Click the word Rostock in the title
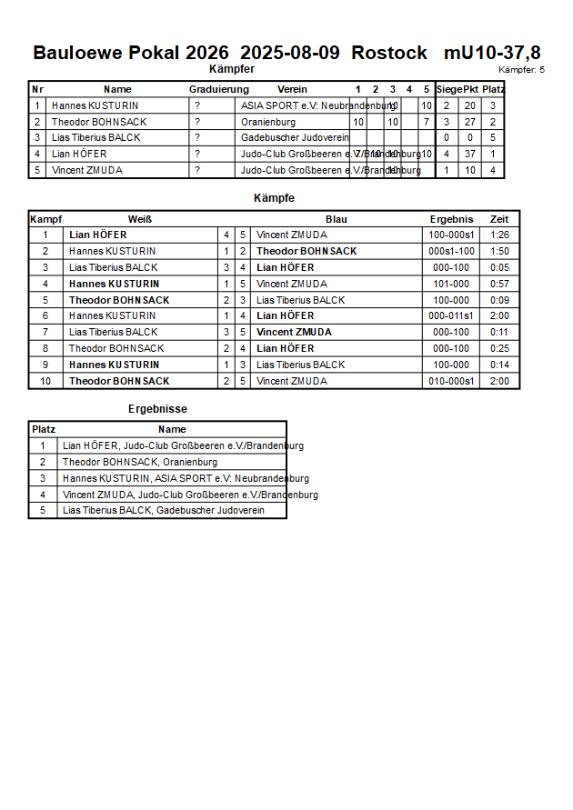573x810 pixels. (x=388, y=53)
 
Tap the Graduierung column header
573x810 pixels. (x=218, y=89)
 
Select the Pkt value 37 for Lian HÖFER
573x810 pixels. (x=469, y=154)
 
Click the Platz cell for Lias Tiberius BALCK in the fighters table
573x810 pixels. (x=493, y=137)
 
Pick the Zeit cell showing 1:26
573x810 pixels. (x=499, y=235)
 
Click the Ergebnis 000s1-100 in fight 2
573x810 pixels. (x=452, y=251)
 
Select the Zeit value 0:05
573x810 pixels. (x=499, y=267)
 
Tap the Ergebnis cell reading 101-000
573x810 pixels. (x=452, y=284)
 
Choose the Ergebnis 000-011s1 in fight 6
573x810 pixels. (x=452, y=315)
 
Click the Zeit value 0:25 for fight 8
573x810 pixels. (x=499, y=348)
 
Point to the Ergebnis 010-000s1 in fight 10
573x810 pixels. (x=452, y=381)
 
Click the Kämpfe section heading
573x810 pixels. (x=274, y=197)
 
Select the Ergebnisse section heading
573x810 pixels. (x=157, y=409)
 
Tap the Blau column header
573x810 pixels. (x=337, y=219)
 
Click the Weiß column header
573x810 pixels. (x=139, y=219)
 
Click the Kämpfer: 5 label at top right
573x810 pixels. (x=522, y=70)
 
